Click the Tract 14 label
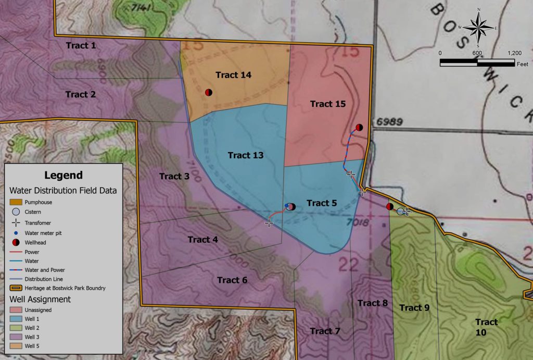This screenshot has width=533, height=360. click(233, 75)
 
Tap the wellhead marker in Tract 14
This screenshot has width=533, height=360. click(208, 92)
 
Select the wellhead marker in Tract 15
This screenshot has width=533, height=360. click(359, 127)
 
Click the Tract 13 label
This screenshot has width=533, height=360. click(246, 155)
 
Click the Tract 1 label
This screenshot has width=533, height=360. click(81, 46)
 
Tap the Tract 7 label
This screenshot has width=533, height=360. click(325, 331)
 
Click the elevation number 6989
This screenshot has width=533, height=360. click(388, 122)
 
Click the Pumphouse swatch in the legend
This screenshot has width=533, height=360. click(16, 202)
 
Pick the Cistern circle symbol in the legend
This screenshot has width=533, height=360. click(16, 212)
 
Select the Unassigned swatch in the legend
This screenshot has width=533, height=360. click(16, 310)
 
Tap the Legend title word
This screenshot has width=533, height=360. click(63, 175)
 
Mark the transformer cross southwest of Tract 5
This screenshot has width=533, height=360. click(269, 223)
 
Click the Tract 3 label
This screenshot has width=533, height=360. click(174, 176)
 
